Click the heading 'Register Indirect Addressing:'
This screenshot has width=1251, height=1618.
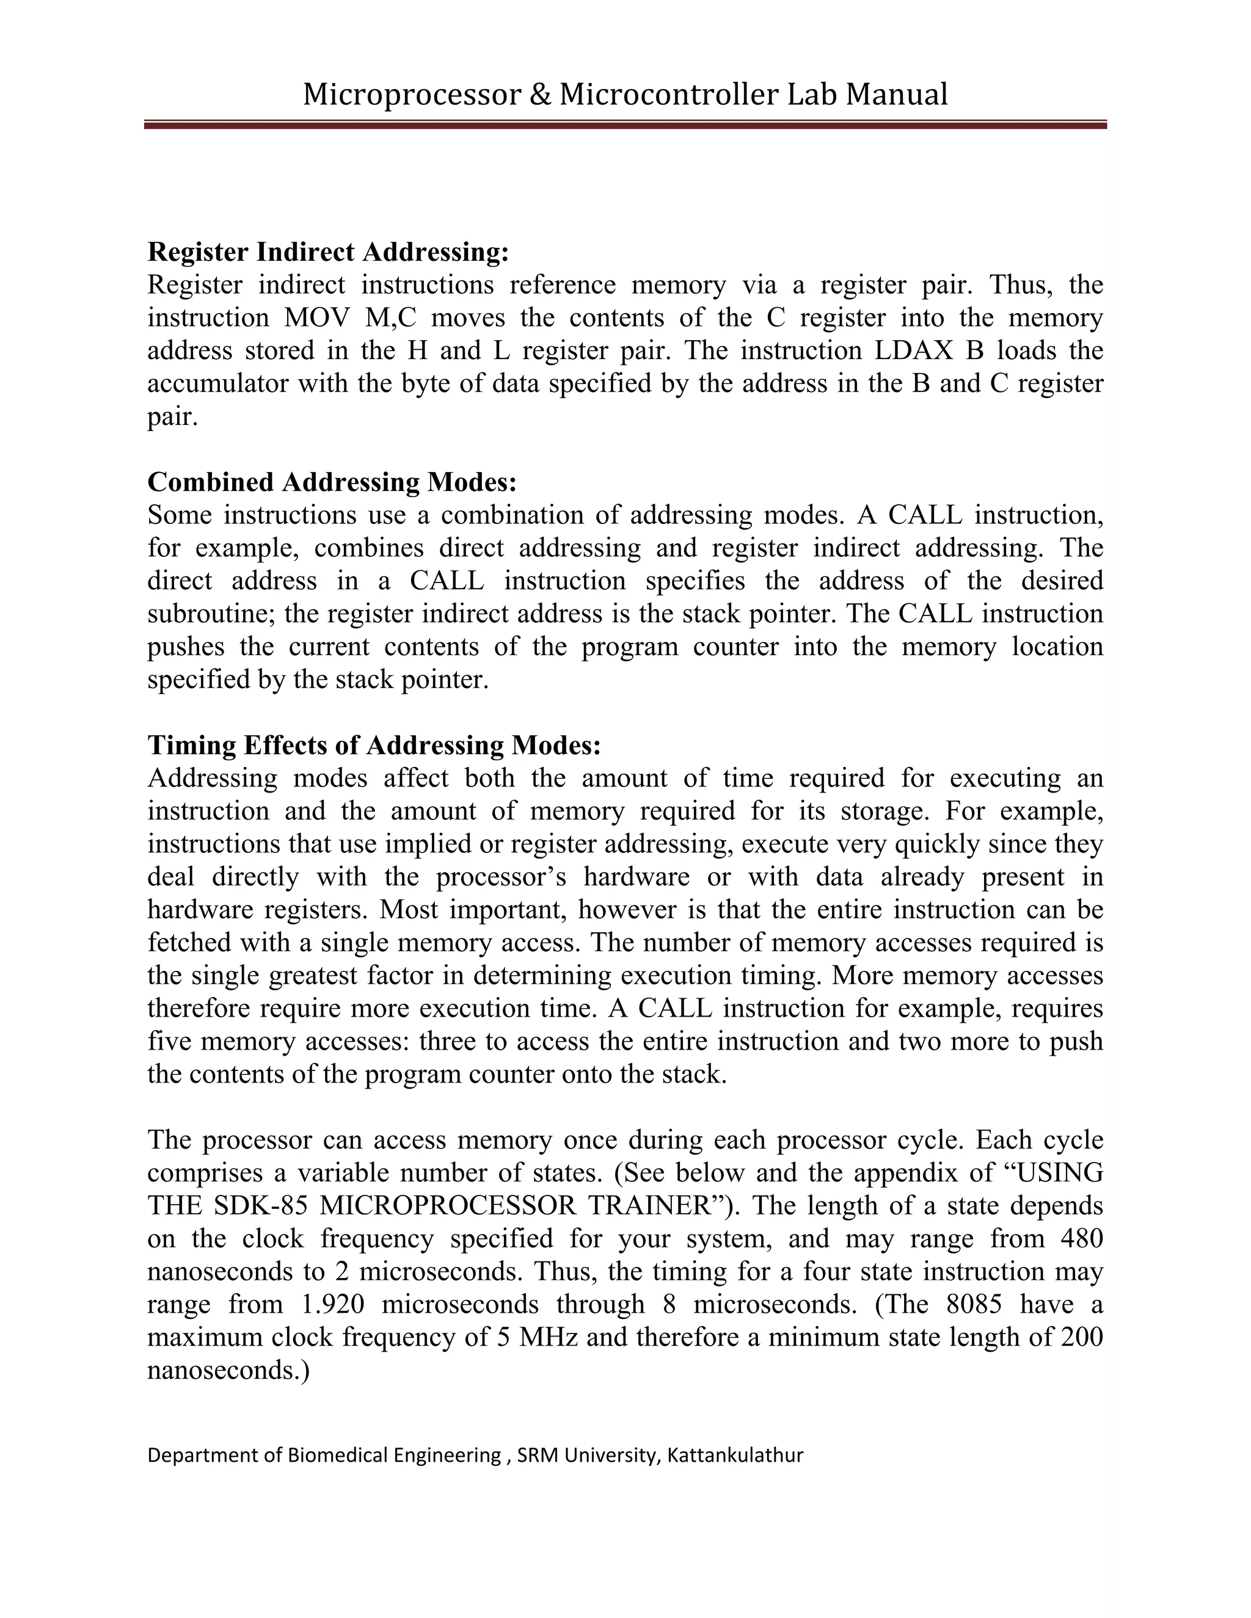tap(328, 252)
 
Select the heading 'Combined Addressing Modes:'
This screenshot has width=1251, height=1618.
tap(331, 482)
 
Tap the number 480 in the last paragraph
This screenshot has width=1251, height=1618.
tap(1081, 1239)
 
